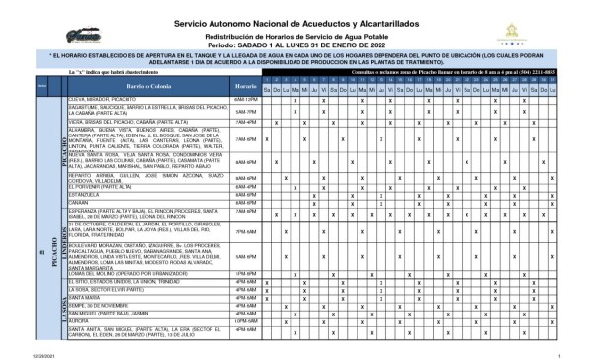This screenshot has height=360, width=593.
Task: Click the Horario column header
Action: coord(246,88)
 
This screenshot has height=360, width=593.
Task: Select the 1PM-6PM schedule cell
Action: coord(246,271)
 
